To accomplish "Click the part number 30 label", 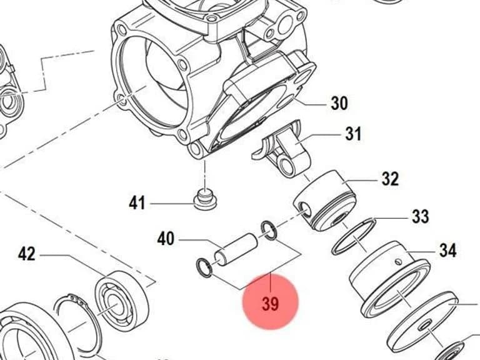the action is [x=339, y=103].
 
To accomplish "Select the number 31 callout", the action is [x=353, y=134].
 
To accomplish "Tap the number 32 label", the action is [x=390, y=179].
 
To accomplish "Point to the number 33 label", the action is [x=420, y=216].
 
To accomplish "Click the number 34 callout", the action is [x=448, y=250].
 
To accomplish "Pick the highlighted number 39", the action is [x=271, y=304].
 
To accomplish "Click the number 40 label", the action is [x=166, y=238].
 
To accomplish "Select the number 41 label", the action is [x=137, y=202].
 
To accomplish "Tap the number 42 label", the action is [x=27, y=254].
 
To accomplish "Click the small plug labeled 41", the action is [x=206, y=199].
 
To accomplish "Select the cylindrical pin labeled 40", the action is [x=236, y=248].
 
